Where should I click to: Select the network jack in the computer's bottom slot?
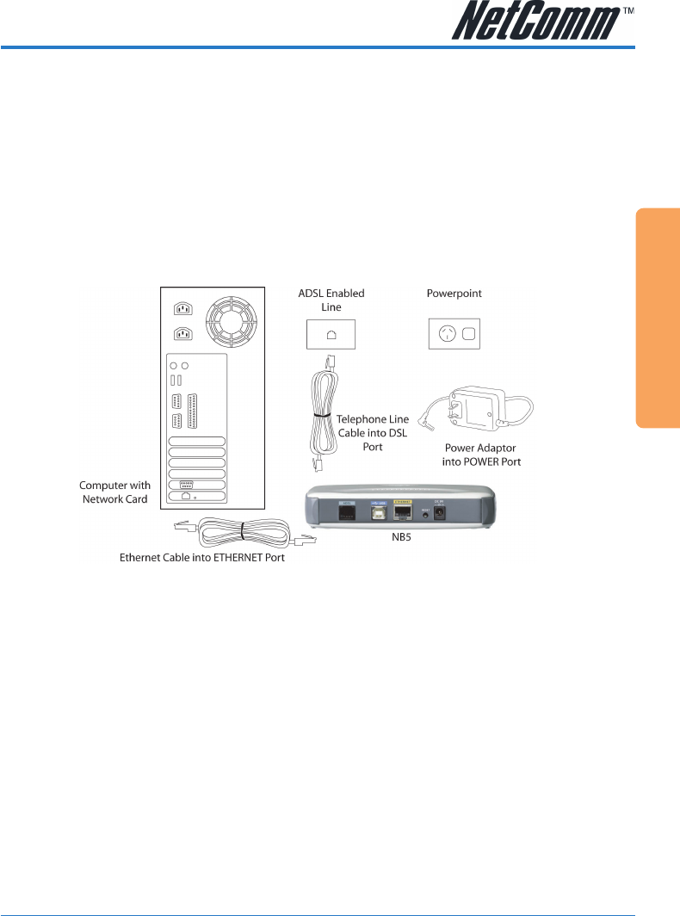click(x=185, y=498)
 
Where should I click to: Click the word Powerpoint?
click(x=454, y=293)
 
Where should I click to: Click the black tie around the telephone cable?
click(x=324, y=414)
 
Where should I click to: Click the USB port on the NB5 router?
click(x=377, y=513)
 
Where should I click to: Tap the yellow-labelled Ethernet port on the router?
click(x=402, y=513)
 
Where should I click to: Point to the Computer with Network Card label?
click(x=114, y=492)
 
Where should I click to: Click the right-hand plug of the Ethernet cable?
click(x=307, y=539)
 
